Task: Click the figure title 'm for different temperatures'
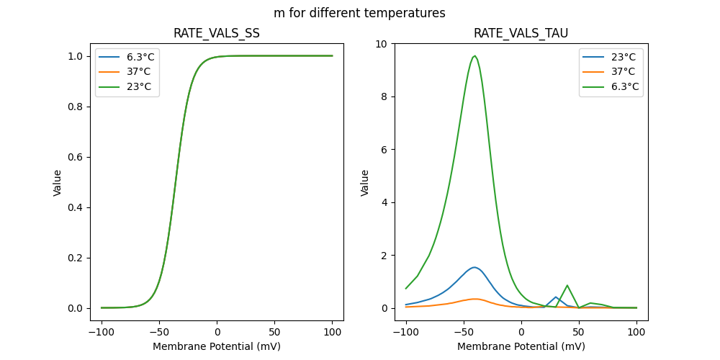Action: coord(359,13)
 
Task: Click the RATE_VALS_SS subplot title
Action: coord(217,34)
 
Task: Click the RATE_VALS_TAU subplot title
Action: coord(521,34)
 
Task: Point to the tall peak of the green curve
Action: coord(474,56)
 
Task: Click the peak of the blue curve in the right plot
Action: coord(474,267)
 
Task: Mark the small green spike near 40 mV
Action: coord(567,285)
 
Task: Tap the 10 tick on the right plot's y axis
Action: coord(382,44)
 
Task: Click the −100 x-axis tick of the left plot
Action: coord(102,332)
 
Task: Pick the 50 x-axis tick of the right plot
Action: coord(578,332)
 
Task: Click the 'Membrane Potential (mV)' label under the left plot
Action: coord(217,346)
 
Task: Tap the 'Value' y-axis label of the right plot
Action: coord(365,182)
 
